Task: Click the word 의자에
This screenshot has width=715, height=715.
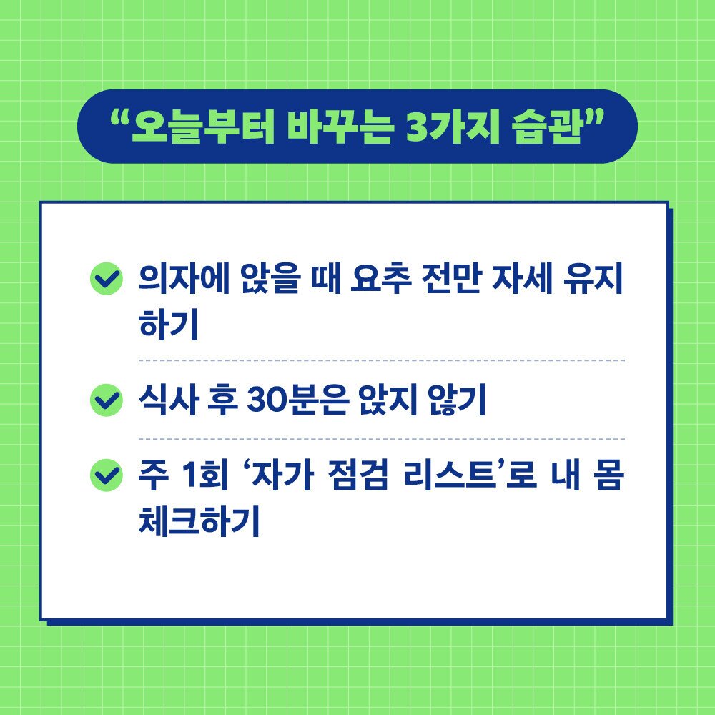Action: coord(178,280)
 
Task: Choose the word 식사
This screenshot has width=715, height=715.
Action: coord(166,400)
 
